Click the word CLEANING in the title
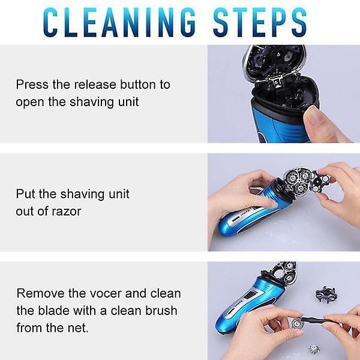pyautogui.click(x=119, y=22)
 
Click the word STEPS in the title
pyautogui.click(x=260, y=22)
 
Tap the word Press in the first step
pyautogui.click(x=32, y=85)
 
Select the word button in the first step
pyautogui.click(x=138, y=85)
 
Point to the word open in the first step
pyautogui.click(x=29, y=103)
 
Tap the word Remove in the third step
pyautogui.click(x=40, y=293)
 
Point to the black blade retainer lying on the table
pyautogui.click(x=326, y=294)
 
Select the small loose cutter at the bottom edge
pyautogui.click(x=314, y=350)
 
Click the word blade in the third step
pyautogui.click(x=53, y=311)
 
